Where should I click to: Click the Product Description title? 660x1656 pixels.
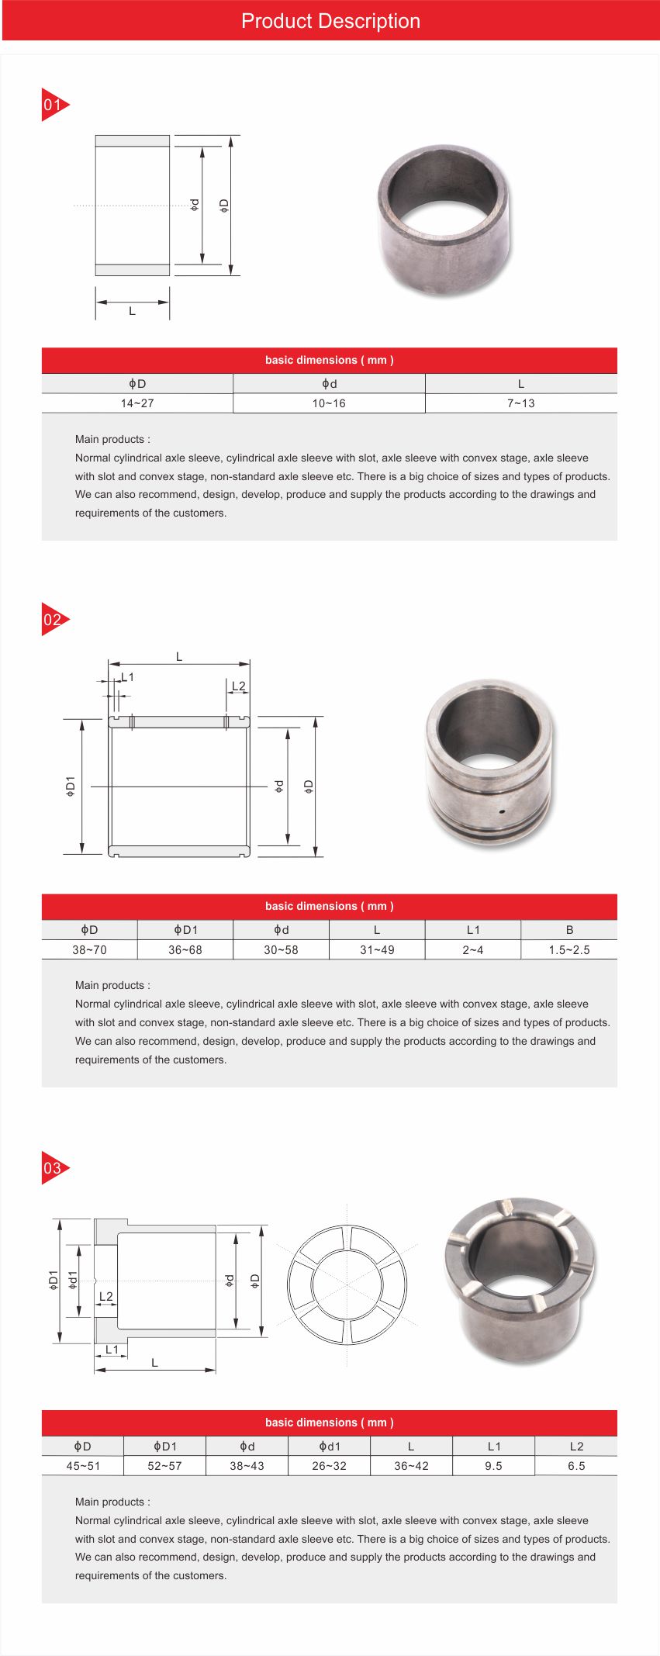330,21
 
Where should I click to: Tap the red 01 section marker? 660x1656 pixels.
54,105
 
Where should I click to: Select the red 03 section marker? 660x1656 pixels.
54,1167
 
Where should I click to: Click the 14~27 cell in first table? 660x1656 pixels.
137,403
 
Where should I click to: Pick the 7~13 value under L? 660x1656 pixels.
520,403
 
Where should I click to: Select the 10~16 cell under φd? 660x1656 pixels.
329,403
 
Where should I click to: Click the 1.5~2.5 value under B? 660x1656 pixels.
568,949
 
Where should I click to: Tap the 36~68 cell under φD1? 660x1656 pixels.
185,949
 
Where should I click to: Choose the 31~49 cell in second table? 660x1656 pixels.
377,949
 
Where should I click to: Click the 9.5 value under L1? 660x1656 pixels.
493,1466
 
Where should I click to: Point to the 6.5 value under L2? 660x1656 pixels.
575,1466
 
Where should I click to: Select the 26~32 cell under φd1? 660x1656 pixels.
329,1466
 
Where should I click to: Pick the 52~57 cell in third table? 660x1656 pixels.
164,1466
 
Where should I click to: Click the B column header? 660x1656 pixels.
569,929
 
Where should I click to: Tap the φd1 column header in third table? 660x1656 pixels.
329,1446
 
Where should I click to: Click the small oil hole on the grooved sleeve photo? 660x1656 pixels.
502,811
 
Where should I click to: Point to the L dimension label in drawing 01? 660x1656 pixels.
132,311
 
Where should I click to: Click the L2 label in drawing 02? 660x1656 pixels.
238,686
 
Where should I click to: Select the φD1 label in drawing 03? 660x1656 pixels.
53,1280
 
